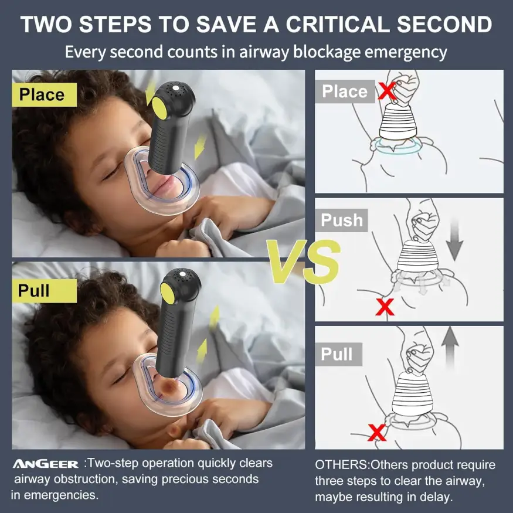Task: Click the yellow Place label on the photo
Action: (x=44, y=94)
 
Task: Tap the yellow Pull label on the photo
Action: (x=44, y=291)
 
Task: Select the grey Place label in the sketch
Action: (x=345, y=91)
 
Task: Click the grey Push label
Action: (x=342, y=220)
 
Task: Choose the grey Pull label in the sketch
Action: (x=339, y=354)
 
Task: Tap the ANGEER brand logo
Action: (x=46, y=464)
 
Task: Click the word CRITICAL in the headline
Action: (x=337, y=24)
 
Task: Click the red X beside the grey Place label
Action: (x=388, y=91)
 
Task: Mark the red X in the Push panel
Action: (x=385, y=307)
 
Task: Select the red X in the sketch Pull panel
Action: (x=377, y=432)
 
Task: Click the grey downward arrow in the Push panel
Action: (x=454, y=240)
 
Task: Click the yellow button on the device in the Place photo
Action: (x=159, y=106)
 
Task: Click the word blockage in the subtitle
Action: (x=326, y=52)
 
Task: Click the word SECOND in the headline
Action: (x=444, y=24)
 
